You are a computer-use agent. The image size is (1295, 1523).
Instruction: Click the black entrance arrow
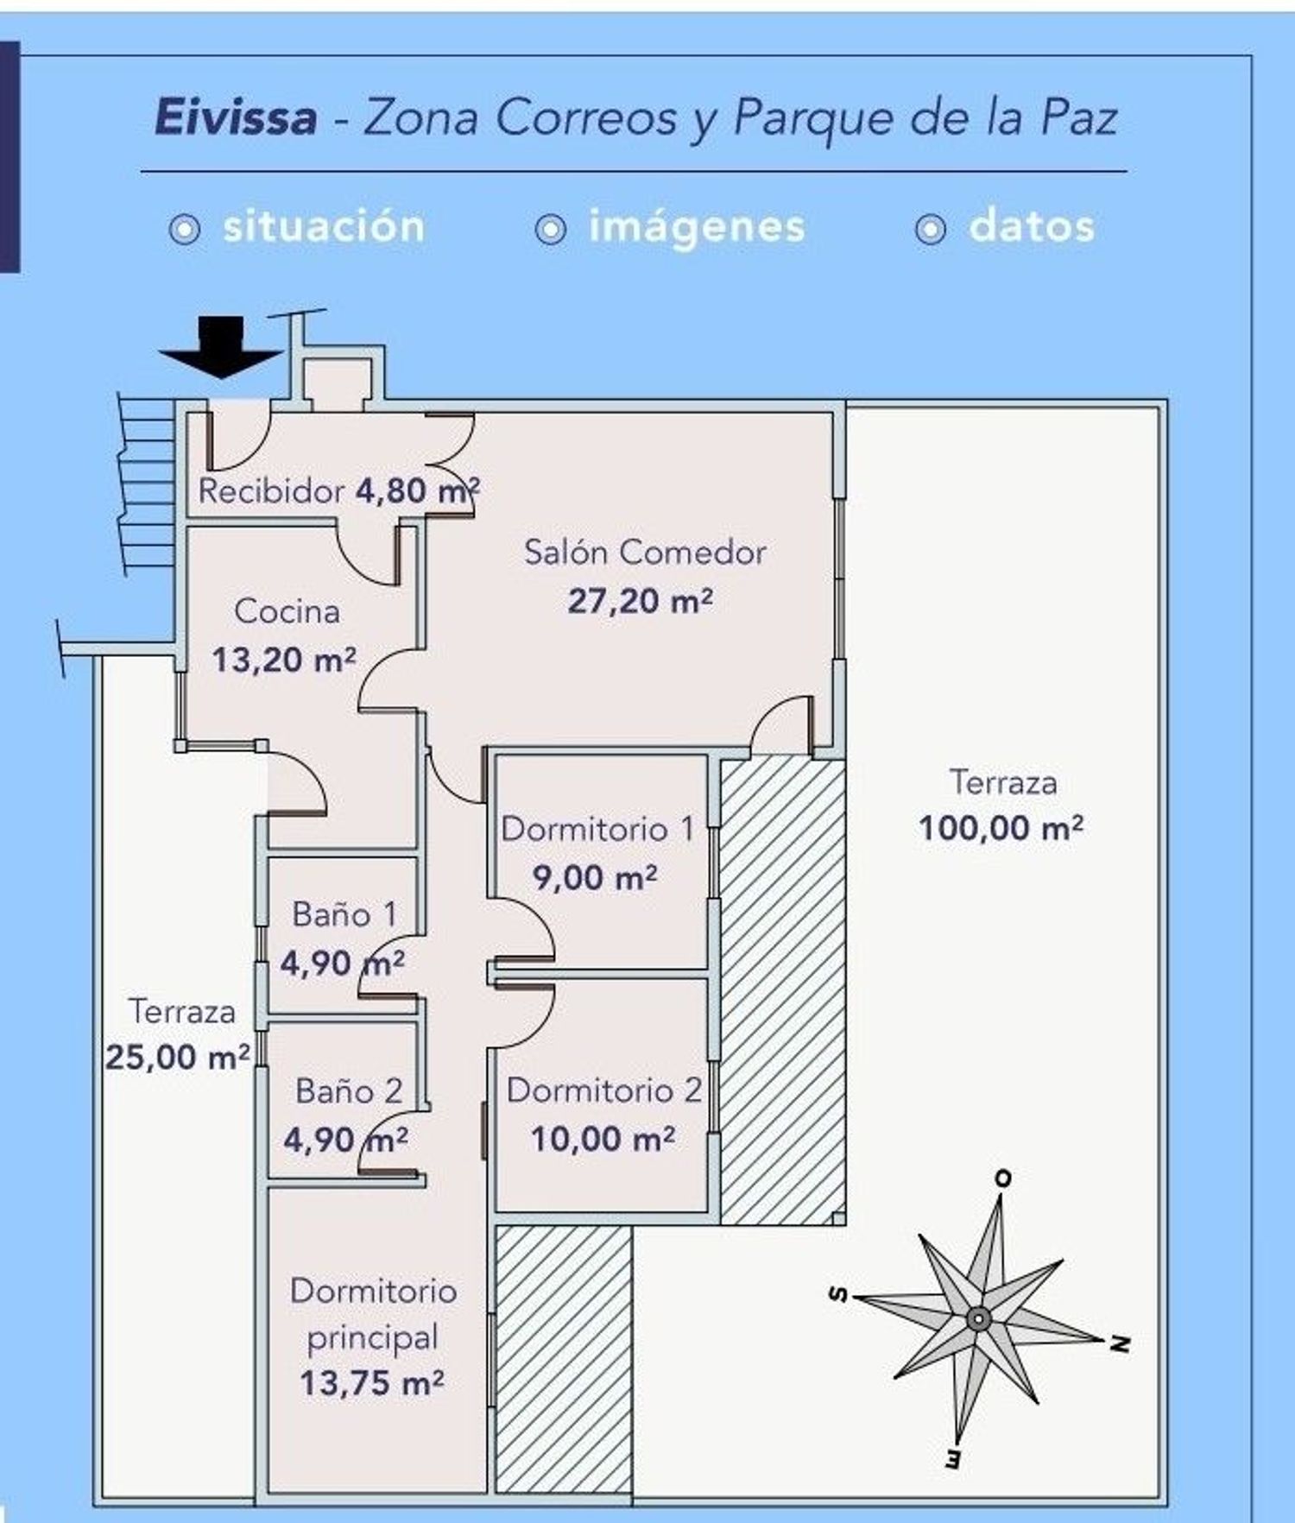[x=221, y=347]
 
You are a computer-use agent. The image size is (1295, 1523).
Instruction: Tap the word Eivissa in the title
[x=236, y=117]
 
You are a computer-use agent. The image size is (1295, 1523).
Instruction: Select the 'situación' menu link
[x=324, y=226]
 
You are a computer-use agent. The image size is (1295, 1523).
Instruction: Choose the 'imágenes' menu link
[x=697, y=226]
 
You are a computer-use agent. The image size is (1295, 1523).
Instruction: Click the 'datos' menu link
[x=1032, y=226]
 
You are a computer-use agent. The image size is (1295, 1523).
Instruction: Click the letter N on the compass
[x=1119, y=1344]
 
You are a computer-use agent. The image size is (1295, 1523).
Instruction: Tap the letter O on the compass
[x=1002, y=1179]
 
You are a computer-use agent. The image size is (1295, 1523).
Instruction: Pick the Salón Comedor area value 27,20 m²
[x=640, y=601]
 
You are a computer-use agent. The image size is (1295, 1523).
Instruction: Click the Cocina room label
[x=287, y=611]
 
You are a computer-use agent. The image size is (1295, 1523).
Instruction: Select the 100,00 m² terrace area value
[x=1001, y=829]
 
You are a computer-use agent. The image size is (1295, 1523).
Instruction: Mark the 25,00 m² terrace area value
[x=178, y=1057]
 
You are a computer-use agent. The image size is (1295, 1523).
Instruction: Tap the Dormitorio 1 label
[x=597, y=829]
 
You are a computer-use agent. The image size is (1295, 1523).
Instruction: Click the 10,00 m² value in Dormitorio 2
[x=603, y=1140]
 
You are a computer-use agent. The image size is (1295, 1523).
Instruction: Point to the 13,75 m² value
[x=372, y=1384]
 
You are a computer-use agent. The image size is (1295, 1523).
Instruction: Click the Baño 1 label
[x=344, y=914]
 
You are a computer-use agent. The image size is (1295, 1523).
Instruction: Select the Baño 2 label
[x=349, y=1091]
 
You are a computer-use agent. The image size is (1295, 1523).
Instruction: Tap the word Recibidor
[x=272, y=491]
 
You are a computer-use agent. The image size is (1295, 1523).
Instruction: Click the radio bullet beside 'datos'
[x=931, y=230]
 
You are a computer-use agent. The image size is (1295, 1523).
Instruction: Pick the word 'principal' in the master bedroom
[x=373, y=1338]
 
